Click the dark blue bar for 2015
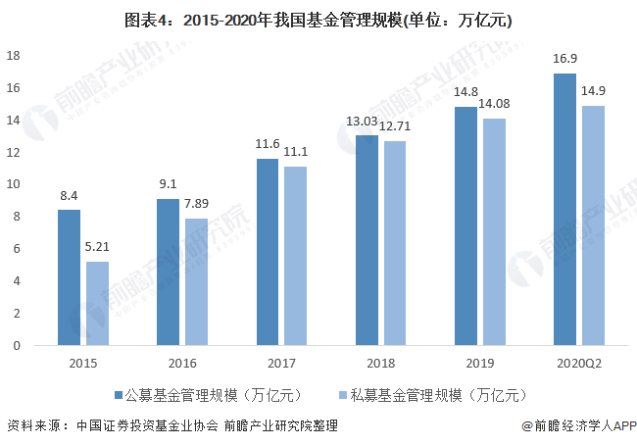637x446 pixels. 69,277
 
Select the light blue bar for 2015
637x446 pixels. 97,303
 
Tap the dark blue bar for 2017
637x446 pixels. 268,252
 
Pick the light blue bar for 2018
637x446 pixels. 395,243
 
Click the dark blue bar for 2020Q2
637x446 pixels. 564,209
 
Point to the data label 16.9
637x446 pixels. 564,60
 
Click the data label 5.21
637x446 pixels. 97,248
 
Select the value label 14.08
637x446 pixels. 495,104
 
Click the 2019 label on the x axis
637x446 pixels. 479,363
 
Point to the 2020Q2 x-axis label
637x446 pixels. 578,363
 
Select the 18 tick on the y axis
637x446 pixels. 15,55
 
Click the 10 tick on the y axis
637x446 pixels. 15,184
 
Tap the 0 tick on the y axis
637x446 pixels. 18,345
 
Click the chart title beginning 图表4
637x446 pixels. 318,20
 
